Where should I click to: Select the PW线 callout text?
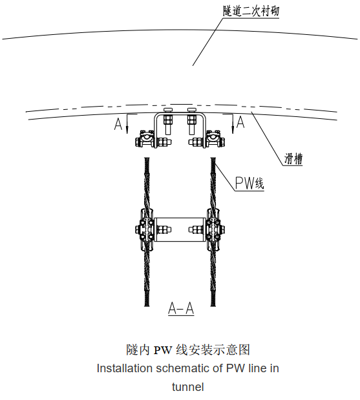tap(249, 184)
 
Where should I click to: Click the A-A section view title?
tap(181, 308)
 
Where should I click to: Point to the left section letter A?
tap(118, 124)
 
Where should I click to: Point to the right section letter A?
tap(240, 121)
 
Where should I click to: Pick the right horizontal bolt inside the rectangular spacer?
tap(195, 229)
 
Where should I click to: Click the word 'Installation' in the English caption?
tap(124, 369)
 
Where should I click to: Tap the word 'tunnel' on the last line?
tap(187, 387)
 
